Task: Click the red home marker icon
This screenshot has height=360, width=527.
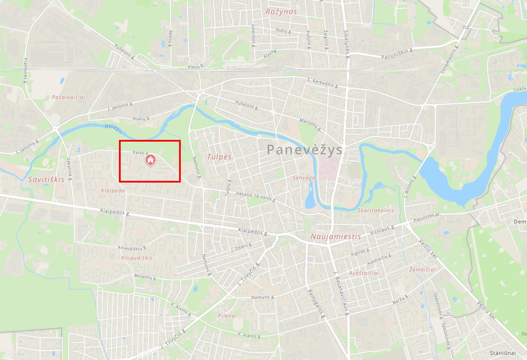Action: pyautogui.click(x=150, y=160)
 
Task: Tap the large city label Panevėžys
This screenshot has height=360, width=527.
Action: pyautogui.click(x=305, y=150)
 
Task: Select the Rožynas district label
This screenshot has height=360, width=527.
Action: pyautogui.click(x=281, y=12)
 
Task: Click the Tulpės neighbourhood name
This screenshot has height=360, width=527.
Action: pyautogui.click(x=219, y=157)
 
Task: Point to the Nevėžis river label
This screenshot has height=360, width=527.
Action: pyautogui.click(x=113, y=128)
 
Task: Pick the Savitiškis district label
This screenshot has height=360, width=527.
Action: pyautogui.click(x=46, y=180)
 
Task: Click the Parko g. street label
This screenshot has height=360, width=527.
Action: pyautogui.click(x=140, y=153)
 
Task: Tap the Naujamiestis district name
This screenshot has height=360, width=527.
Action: pyautogui.click(x=336, y=236)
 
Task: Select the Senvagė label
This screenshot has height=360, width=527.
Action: pyautogui.click(x=304, y=177)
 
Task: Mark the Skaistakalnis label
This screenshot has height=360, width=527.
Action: pyautogui.click(x=376, y=210)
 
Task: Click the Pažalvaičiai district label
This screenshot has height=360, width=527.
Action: pyautogui.click(x=68, y=97)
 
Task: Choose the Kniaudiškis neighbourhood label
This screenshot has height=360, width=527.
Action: pyautogui.click(x=136, y=258)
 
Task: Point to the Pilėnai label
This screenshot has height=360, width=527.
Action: pyautogui.click(x=227, y=316)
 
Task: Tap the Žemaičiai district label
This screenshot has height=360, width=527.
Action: pyautogui.click(x=422, y=270)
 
